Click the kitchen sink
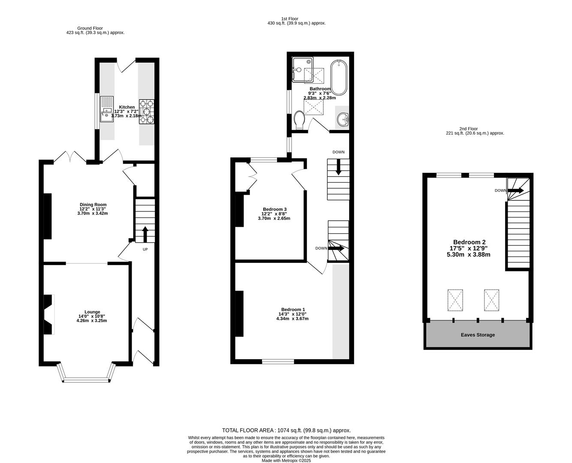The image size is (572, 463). point(107,109)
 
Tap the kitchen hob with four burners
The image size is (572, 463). point(146,111)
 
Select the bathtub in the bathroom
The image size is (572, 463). point(339,78)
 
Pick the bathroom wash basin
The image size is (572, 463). point(343,119)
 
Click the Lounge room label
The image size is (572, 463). point(92,312)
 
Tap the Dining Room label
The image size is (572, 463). point(93,204)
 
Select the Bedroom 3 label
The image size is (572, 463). point(274,209)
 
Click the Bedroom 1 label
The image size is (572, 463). point(293,310)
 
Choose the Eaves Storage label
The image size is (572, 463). point(478,335)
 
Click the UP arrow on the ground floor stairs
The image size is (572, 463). point(145,235)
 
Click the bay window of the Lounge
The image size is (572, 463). point(86,379)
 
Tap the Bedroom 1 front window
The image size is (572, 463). point(278,362)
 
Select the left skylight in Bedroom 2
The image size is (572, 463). point(455,301)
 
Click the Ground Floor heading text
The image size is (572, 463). point(90,28)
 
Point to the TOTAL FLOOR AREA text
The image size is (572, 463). point(286,430)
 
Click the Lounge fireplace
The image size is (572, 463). point(48,314)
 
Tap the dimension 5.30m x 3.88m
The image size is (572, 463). point(468,255)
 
